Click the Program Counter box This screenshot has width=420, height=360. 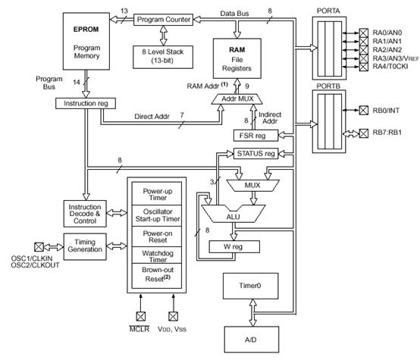pos(163,20)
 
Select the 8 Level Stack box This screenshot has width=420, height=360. pos(163,57)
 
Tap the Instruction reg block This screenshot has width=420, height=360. pos(86,103)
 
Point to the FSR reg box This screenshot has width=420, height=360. pos(255,136)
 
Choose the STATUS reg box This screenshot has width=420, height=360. pos(255,154)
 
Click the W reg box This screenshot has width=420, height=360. pos(234,247)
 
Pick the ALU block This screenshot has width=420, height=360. pos(233,214)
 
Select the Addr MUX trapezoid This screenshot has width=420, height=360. pos(237,99)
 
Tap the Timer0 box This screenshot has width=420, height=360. pos(250,286)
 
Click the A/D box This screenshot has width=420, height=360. pos(252,340)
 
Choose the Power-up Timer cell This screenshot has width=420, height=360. pos(157,194)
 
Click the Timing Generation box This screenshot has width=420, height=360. pos(85,246)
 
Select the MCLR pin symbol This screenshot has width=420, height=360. pos(140,316)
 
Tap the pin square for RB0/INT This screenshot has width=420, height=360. pos(363,110)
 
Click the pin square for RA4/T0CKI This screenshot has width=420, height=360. pos(363,67)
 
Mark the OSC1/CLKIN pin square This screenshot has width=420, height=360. pos(39,247)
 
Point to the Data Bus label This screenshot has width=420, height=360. pos(234,14)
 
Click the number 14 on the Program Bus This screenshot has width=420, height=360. pos(77,83)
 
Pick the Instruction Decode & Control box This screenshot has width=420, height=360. pos(85,214)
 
